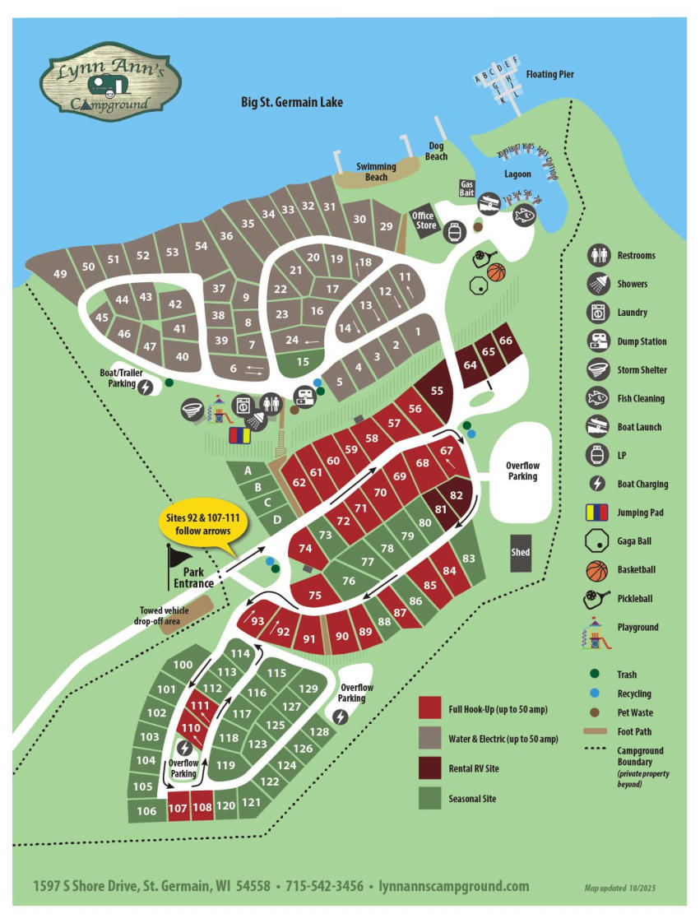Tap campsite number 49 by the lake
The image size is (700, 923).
[59, 274]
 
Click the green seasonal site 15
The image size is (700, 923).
[302, 360]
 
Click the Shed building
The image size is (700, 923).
[520, 552]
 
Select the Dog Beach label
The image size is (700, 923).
[437, 152]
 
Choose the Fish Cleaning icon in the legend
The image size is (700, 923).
[598, 399]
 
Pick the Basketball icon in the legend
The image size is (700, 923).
[598, 570]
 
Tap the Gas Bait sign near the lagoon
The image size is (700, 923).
[467, 188]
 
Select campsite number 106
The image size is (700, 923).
[146, 811]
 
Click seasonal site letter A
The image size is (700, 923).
[247, 471]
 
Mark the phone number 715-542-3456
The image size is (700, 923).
[325, 886]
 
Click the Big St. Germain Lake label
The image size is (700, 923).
[291, 103]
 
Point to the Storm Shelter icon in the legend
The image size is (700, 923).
[598, 370]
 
